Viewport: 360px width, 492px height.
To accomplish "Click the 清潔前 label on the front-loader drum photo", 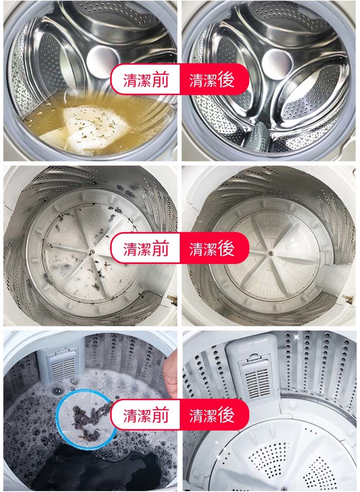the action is pyautogui.click(x=146, y=80).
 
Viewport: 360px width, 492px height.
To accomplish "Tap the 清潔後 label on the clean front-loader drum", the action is pyautogui.click(x=212, y=80).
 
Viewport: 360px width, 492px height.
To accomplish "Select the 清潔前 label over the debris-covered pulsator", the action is pyautogui.click(x=146, y=248).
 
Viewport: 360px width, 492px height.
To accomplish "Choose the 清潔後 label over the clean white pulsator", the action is pyautogui.click(x=212, y=248).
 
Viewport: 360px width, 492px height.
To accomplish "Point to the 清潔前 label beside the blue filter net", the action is pyautogui.click(x=146, y=415).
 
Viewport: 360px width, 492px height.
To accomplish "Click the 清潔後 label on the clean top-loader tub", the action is pyautogui.click(x=212, y=415).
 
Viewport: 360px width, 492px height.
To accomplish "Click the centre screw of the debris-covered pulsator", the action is pyautogui.click(x=91, y=252).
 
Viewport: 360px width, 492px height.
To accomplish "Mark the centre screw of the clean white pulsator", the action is pyautogui.click(x=270, y=253).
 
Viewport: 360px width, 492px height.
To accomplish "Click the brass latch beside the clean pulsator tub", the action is pyautogui.click(x=347, y=299).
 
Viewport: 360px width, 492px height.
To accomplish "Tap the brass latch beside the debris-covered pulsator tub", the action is pyautogui.click(x=172, y=300).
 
